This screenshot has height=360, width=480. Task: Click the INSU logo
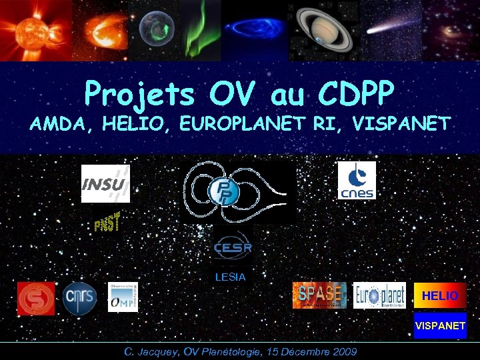point(105,183)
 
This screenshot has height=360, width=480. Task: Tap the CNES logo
point(357,180)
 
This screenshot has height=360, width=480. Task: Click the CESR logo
point(232,248)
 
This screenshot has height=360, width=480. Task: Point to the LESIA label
point(230,276)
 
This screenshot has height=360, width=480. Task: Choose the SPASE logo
point(320,295)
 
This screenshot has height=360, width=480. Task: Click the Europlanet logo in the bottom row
point(379,295)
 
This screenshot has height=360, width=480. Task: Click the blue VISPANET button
point(440,326)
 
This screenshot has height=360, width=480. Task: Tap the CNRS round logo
point(80,298)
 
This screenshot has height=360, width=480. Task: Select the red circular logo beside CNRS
point(36,298)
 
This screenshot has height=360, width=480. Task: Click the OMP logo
point(123,297)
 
